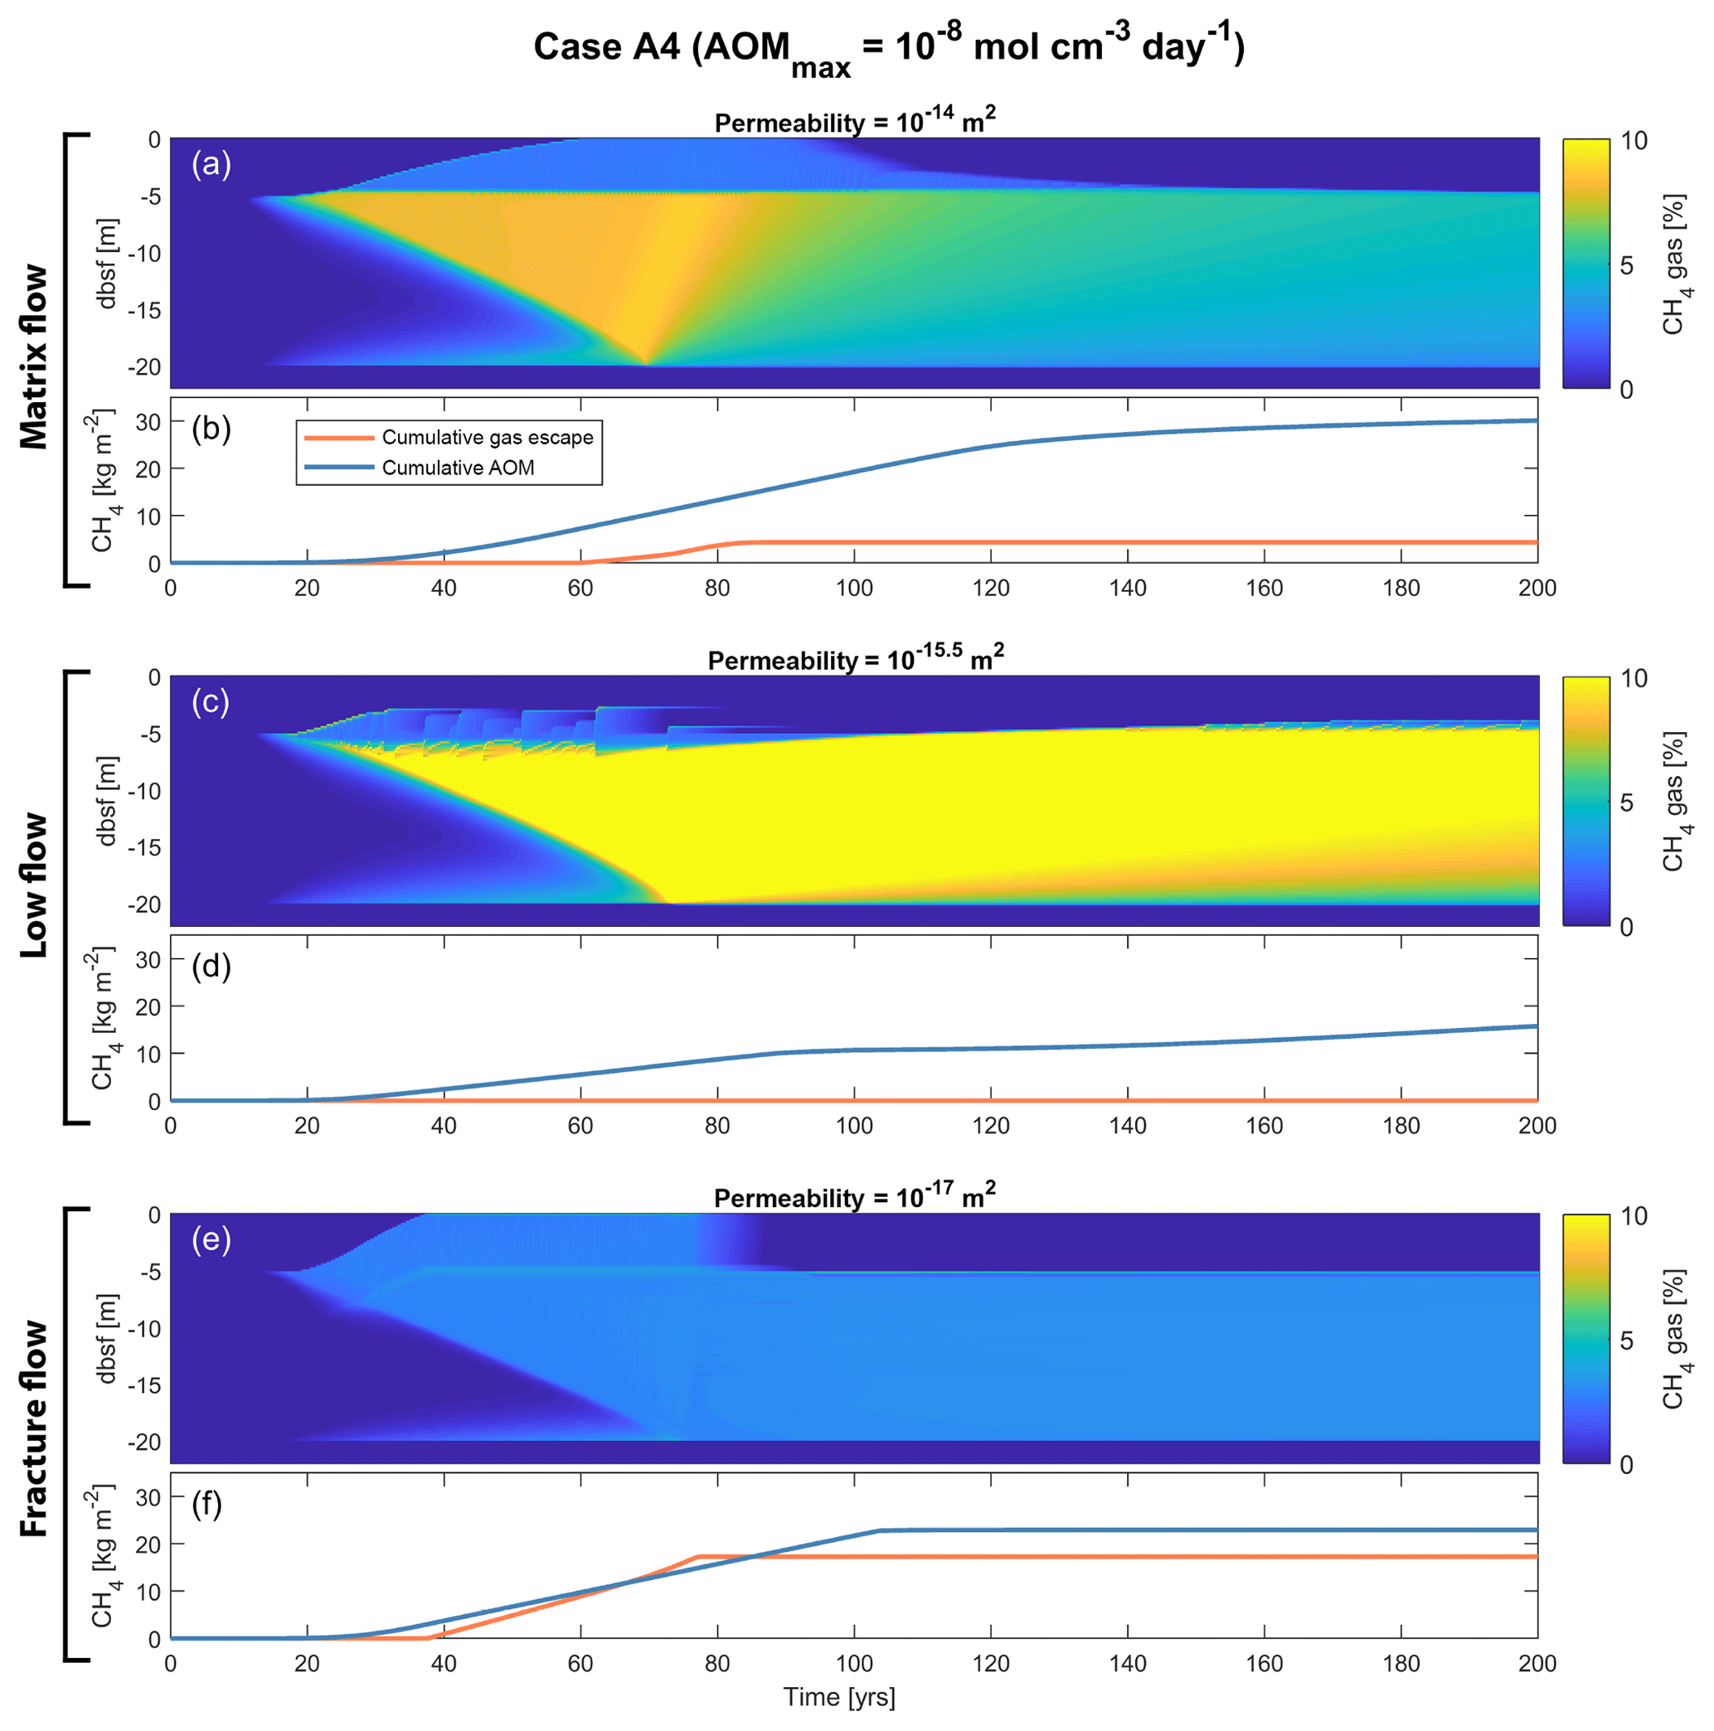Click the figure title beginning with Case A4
point(888,48)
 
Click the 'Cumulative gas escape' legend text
point(488,437)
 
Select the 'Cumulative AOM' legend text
point(458,468)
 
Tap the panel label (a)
point(211,165)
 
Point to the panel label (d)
point(211,967)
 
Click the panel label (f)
point(208,1505)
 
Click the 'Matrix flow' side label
point(34,356)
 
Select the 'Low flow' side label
point(34,885)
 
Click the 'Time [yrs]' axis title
point(839,1696)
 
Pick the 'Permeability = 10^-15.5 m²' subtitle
point(855,658)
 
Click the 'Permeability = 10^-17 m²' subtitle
point(855,1196)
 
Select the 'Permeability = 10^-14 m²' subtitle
point(855,121)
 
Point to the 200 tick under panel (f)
point(1537,1664)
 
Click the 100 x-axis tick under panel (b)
point(854,589)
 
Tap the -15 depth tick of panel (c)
point(143,847)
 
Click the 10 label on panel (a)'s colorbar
point(1634,141)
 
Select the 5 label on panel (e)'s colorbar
point(1627,1341)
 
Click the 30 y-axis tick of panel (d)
point(147,959)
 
